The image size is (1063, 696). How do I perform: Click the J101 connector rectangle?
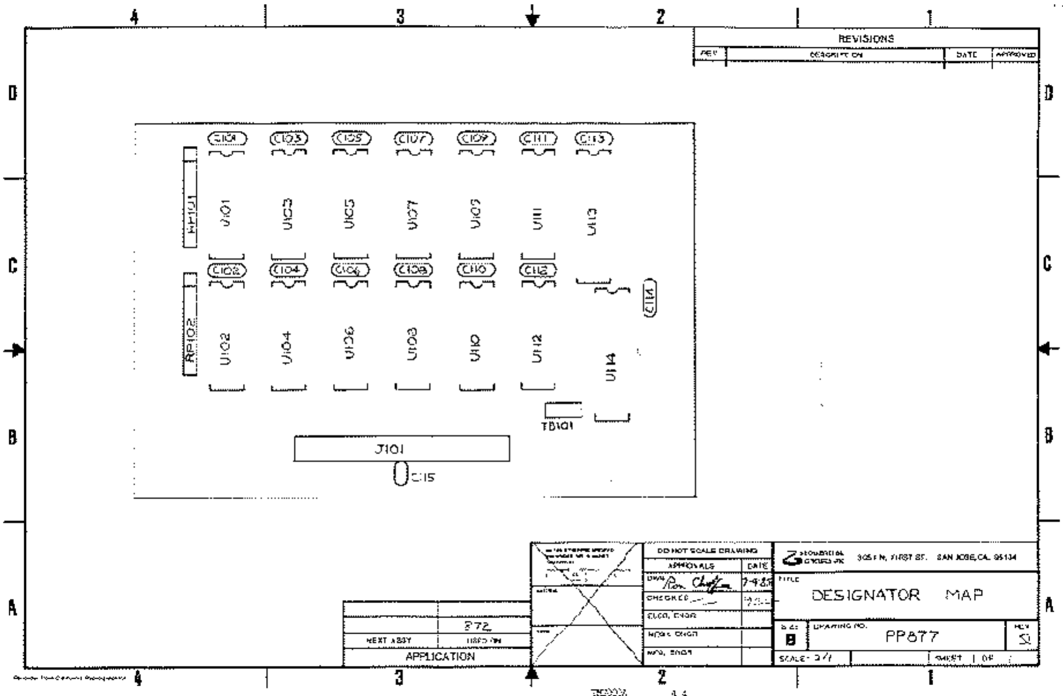pos(402,448)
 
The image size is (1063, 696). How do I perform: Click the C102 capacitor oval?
pos(227,270)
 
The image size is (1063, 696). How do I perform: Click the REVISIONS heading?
pos(866,39)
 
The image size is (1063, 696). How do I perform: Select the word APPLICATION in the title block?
pos(440,657)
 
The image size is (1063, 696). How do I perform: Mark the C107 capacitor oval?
pos(413,139)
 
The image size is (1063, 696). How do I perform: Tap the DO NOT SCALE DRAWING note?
pos(707,551)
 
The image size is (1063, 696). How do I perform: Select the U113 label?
pos(592,221)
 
